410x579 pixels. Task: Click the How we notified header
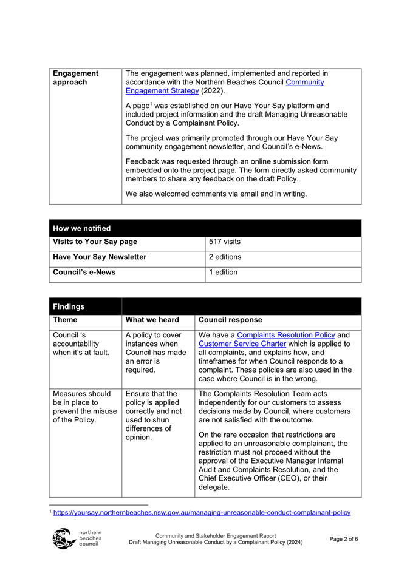pyautogui.click(x=82, y=228)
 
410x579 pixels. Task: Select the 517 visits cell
pyautogui.click(x=225, y=242)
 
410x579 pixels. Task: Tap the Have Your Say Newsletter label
pyautogui.click(x=100, y=257)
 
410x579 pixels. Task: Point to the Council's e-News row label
pyautogui.click(x=84, y=273)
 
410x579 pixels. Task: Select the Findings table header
pyautogui.click(x=69, y=307)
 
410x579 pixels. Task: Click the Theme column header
pyautogui.click(x=66, y=320)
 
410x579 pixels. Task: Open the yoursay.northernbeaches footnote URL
pyautogui.click(x=202, y=513)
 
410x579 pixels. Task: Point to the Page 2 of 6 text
pyautogui.click(x=344, y=538)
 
